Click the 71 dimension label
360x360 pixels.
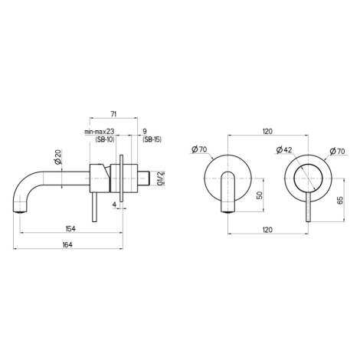[113, 114]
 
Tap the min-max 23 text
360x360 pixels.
[100, 132]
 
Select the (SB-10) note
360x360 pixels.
[105, 139]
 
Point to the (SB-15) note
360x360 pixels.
[152, 139]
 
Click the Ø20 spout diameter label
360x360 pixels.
[57, 157]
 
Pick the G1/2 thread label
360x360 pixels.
[160, 178]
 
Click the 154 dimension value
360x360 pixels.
[70, 228]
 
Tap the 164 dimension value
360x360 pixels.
[67, 244]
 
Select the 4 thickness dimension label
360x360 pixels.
[114, 205]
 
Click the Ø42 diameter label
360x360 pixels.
[283, 150]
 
